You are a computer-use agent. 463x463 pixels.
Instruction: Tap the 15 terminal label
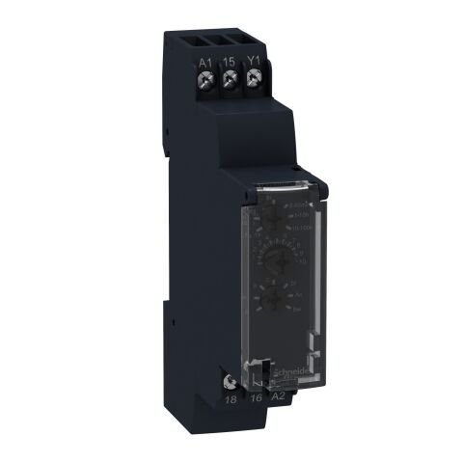pos(231,62)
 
